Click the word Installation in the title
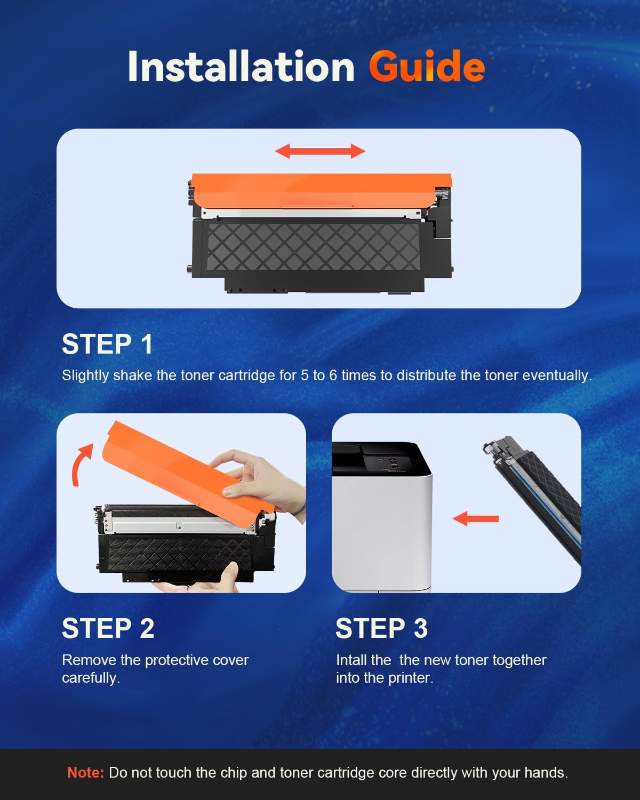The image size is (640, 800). pos(241,67)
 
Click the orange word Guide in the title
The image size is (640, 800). pos(426,67)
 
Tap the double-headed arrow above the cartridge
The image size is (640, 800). pos(320,151)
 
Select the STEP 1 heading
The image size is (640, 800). pos(107,344)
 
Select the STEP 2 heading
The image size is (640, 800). pos(108,628)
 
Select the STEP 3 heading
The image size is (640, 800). pos(381,628)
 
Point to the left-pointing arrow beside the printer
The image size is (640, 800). pos(475,518)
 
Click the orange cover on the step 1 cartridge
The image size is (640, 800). pos(321,190)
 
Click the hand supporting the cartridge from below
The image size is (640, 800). pos(213,581)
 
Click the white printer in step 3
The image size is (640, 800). pos(381,528)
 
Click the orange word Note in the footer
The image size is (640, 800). pos(85,772)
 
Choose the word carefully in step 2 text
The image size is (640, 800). pos(91,678)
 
